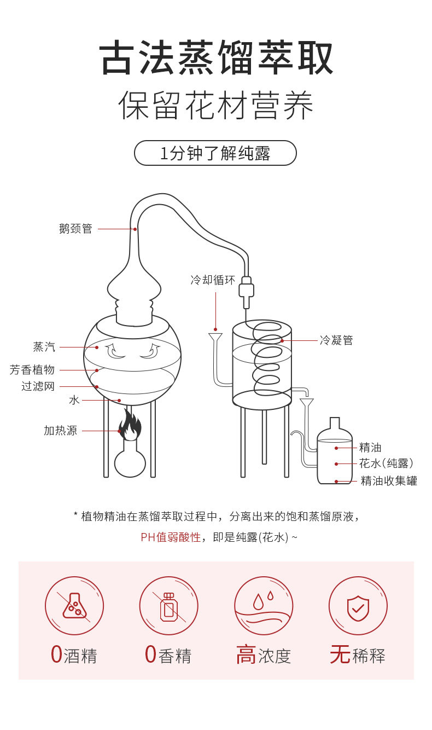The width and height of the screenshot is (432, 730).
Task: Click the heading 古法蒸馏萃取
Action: coord(216,58)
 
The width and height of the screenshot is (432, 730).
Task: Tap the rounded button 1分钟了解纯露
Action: coord(215,153)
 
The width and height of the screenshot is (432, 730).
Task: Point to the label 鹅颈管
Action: coord(75,229)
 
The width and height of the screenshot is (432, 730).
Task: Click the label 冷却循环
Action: coord(212,280)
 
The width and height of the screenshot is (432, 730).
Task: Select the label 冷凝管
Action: coord(336,340)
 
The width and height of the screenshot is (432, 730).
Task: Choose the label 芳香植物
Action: coord(32,370)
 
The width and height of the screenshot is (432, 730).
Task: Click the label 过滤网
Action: coord(38,386)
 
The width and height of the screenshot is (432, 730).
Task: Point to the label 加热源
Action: coord(60,431)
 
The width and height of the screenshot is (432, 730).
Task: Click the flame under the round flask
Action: coord(130,425)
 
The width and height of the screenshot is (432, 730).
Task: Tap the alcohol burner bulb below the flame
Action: coord(130,461)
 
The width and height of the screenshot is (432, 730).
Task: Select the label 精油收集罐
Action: coord(389,481)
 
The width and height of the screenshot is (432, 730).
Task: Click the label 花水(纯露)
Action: coord(386,464)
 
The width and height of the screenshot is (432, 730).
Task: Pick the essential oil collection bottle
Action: coord(335,454)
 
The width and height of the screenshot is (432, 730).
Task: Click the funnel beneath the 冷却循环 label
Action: coord(215,338)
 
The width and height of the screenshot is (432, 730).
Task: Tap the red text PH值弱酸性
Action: coord(171,537)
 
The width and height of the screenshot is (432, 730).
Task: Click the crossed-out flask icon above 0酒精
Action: coord(74,606)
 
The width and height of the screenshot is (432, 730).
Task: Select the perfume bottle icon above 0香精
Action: coord(168,606)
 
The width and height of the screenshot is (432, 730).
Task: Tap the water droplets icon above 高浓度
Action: coord(264,606)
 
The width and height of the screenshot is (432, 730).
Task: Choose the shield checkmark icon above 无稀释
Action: coord(358,606)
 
